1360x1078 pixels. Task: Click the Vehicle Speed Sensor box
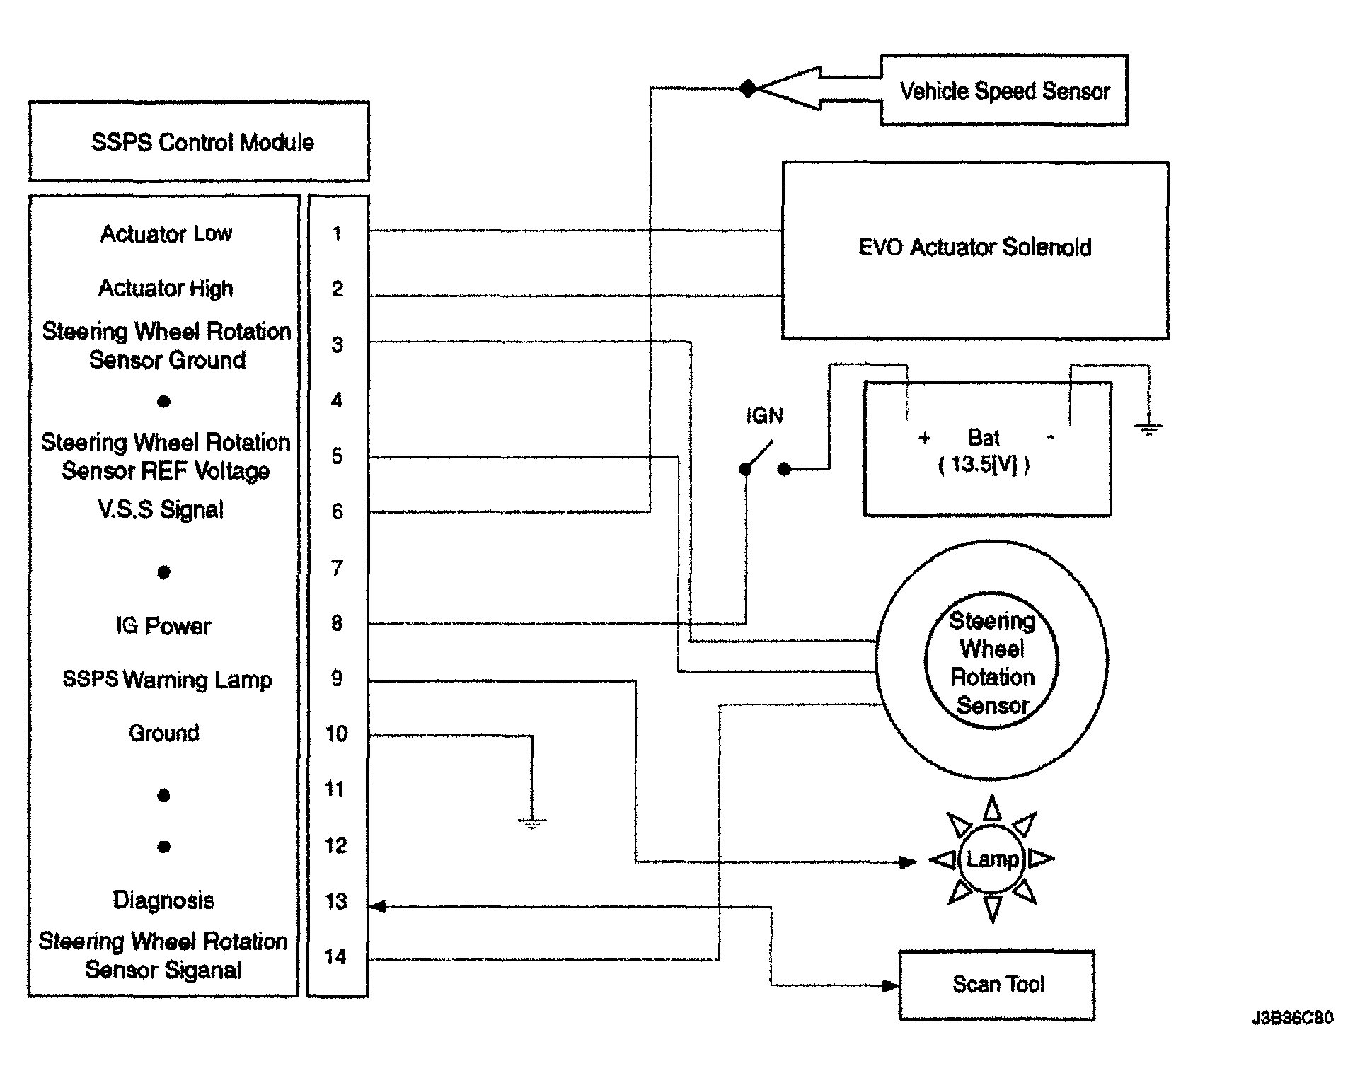point(1003,91)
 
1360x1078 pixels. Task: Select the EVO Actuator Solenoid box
point(974,249)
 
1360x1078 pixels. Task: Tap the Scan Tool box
point(997,985)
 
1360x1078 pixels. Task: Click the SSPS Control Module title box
point(199,142)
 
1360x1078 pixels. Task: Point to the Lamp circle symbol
point(992,859)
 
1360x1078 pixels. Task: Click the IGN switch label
point(764,416)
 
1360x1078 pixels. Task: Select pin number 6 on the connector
point(338,511)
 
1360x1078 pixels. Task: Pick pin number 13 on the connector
point(336,901)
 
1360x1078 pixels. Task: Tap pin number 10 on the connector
point(336,734)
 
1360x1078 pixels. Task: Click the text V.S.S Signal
point(161,510)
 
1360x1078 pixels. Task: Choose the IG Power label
point(163,626)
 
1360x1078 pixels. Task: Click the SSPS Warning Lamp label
point(167,680)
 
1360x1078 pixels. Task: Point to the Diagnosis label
point(163,900)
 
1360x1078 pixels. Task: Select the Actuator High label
point(166,289)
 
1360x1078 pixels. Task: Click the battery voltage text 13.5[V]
point(984,465)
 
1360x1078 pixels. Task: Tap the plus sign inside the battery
point(924,439)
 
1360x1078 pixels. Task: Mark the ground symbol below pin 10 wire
point(532,822)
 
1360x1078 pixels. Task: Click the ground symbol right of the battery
point(1148,428)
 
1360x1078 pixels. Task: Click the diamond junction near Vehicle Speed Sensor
point(748,88)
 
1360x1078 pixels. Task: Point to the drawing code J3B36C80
point(1292,1018)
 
